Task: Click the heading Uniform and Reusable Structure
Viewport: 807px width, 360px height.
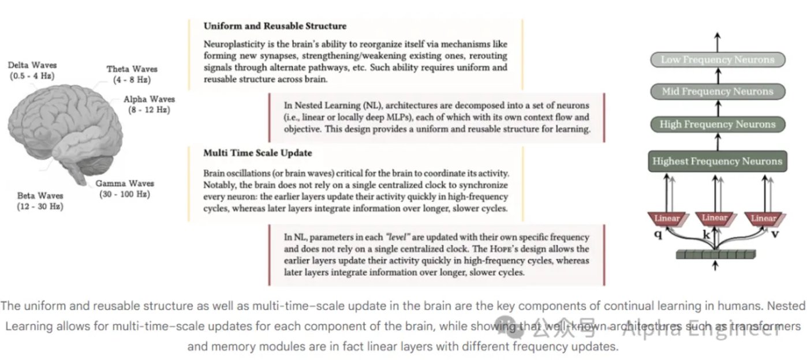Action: pos(275,26)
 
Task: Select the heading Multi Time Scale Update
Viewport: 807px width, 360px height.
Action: pos(257,153)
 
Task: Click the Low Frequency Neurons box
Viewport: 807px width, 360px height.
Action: pos(717,59)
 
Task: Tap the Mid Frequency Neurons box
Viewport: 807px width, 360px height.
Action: pos(717,91)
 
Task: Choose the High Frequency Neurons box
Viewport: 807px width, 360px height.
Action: pos(717,124)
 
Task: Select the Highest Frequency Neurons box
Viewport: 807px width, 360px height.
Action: pos(717,161)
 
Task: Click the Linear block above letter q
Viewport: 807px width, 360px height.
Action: pos(666,219)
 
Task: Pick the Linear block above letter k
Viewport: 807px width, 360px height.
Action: pos(715,218)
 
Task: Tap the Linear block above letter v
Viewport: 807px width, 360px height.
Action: pos(763,219)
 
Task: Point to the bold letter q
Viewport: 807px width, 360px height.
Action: pos(658,235)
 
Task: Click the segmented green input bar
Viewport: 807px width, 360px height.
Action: pos(715,254)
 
